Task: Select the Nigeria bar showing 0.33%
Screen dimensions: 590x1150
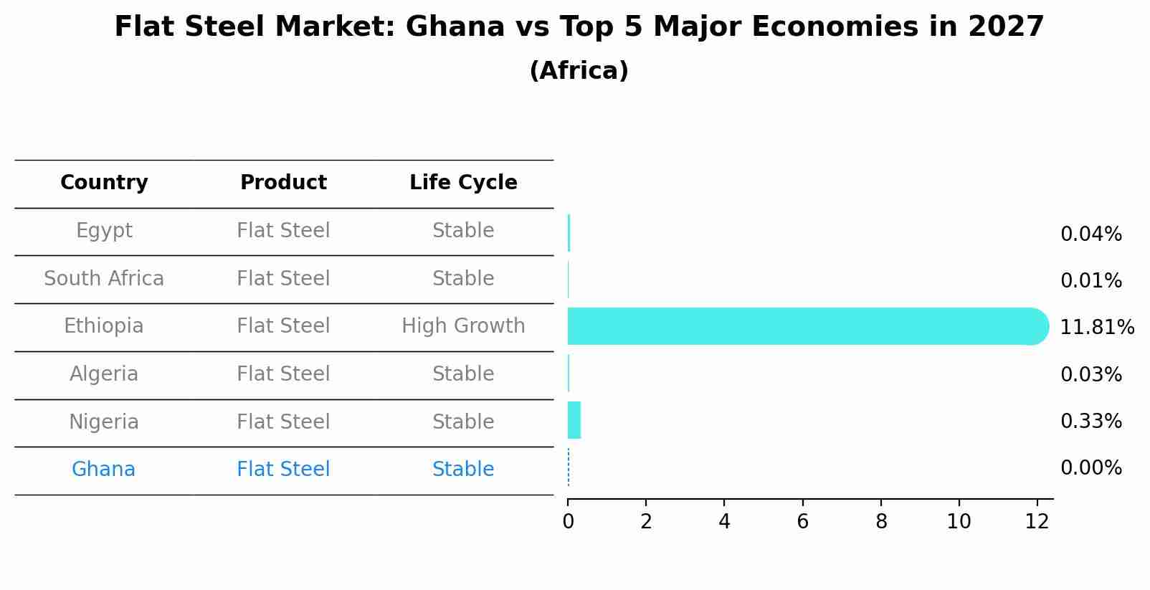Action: coord(574,420)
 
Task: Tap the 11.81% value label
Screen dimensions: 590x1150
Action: coord(1096,328)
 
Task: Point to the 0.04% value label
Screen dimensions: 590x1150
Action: coord(1090,234)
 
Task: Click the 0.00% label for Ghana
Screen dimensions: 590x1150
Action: coord(1090,468)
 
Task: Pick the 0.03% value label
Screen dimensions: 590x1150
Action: coord(1090,374)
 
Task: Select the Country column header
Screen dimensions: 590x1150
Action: coord(104,183)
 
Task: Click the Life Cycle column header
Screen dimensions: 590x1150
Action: coord(463,183)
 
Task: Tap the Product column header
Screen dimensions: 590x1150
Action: coord(283,183)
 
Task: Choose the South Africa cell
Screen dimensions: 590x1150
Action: coord(104,279)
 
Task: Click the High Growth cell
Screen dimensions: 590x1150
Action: coord(463,326)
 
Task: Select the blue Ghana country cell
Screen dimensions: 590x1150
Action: coord(103,470)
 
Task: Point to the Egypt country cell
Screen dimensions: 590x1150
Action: coord(104,231)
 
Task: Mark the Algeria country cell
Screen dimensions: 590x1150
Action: coord(104,374)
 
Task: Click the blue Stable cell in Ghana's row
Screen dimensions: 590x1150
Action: coord(463,470)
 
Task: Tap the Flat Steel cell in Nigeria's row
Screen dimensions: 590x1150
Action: coord(283,422)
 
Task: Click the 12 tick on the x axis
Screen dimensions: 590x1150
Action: coord(1037,522)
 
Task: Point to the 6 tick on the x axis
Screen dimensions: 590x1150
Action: coord(802,522)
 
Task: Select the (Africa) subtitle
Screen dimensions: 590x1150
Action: coord(579,71)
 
